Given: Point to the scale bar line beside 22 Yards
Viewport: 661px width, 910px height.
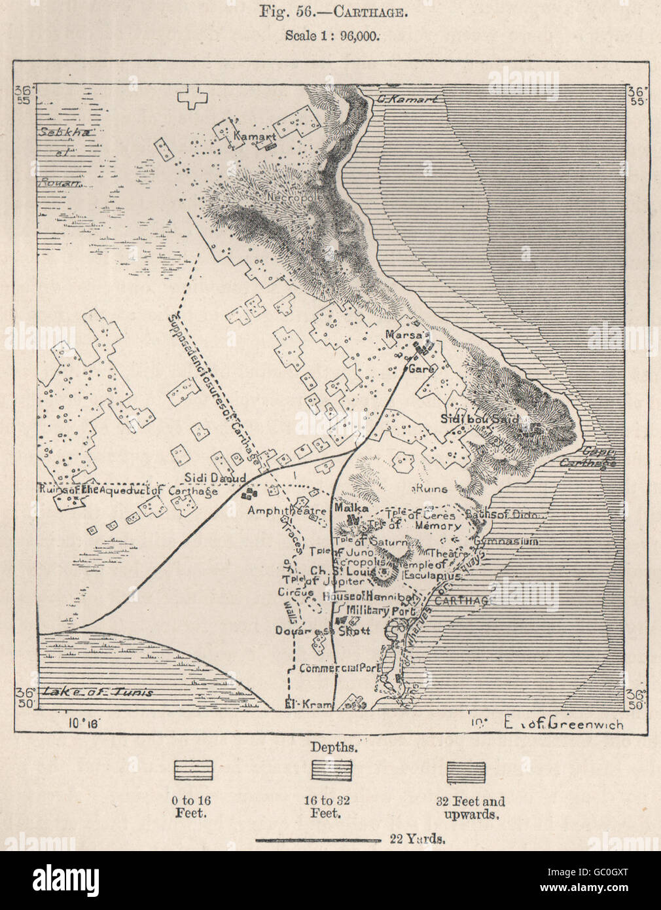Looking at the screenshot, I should [x=317, y=839].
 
